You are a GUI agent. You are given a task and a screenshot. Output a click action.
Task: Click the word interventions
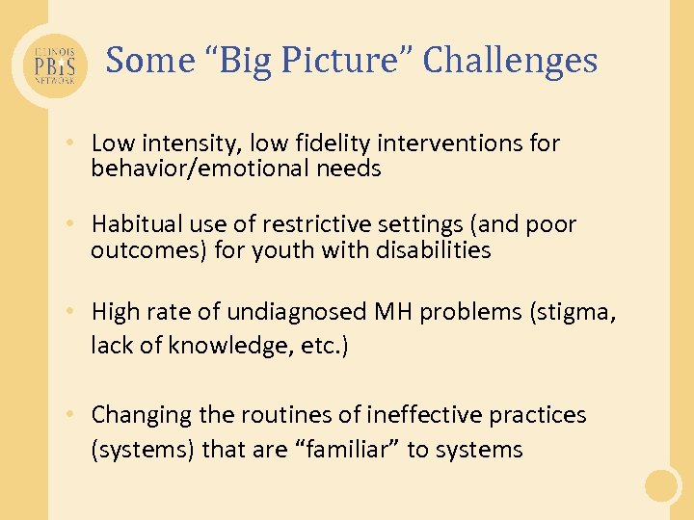point(453,143)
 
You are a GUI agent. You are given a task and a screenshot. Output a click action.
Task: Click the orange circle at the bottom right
point(662,485)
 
